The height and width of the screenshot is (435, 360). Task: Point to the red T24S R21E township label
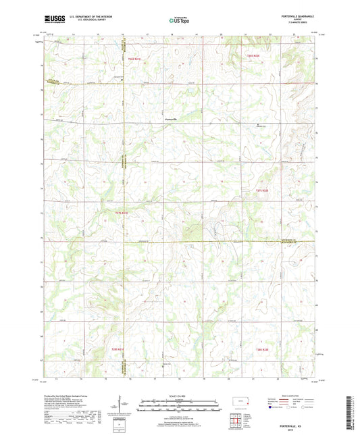tap(132, 60)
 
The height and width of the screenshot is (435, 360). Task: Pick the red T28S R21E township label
tap(136, 349)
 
